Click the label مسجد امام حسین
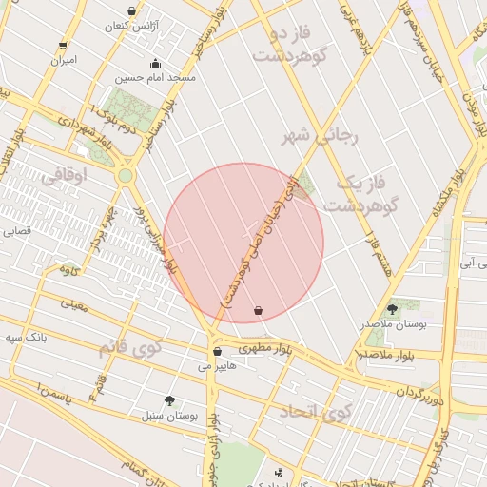click(156, 78)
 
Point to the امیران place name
click(64, 60)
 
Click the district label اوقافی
click(65, 175)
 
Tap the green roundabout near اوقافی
click(126, 176)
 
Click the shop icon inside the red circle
click(258, 310)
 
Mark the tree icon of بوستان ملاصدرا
click(392, 309)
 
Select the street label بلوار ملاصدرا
click(383, 354)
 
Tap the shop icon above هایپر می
click(217, 351)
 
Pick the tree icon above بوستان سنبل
click(169, 400)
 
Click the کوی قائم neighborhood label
click(130, 348)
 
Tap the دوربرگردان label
click(421, 391)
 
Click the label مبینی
click(73, 304)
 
